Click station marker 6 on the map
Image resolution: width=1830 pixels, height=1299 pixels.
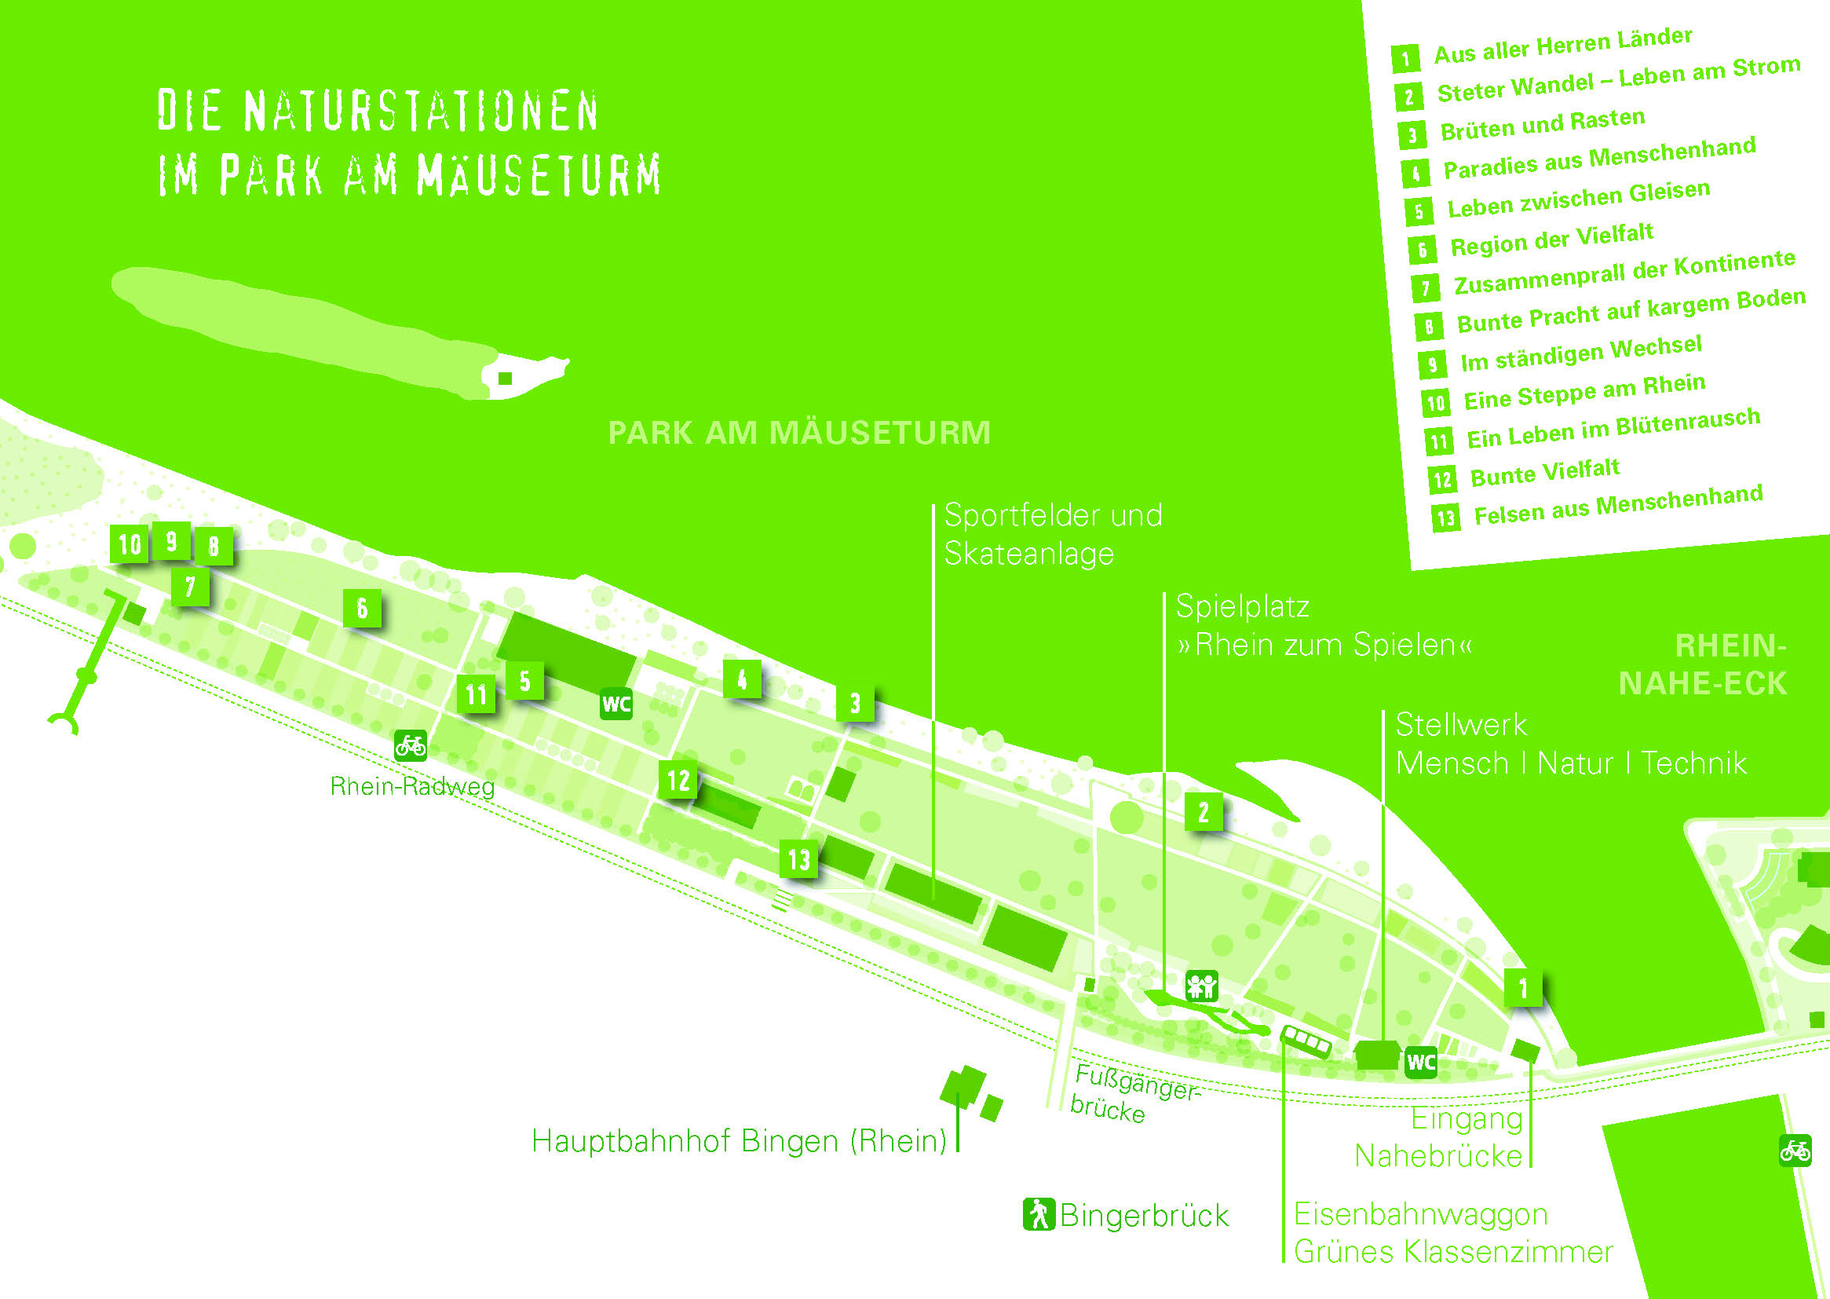pyautogui.click(x=361, y=608)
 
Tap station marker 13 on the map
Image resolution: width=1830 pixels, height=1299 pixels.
pyautogui.click(x=798, y=859)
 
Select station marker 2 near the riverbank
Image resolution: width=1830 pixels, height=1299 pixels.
pyautogui.click(x=1204, y=812)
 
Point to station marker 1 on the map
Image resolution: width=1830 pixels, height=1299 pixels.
pyautogui.click(x=1522, y=988)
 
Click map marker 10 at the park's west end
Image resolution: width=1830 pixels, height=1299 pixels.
pyautogui.click(x=130, y=545)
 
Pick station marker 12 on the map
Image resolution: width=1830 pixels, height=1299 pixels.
pyautogui.click(x=678, y=780)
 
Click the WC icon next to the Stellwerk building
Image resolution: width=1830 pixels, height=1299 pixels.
pyautogui.click(x=1421, y=1063)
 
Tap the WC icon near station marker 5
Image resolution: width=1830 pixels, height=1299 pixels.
pyautogui.click(x=616, y=704)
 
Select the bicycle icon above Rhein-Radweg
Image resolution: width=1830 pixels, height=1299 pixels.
pyautogui.click(x=410, y=745)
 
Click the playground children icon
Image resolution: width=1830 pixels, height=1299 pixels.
pyautogui.click(x=1201, y=986)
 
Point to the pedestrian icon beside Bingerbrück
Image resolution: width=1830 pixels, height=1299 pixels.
pyautogui.click(x=1039, y=1214)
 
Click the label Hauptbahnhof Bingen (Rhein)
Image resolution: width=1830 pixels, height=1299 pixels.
pyautogui.click(x=740, y=1141)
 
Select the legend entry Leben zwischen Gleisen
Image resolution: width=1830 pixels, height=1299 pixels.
pyautogui.click(x=1579, y=200)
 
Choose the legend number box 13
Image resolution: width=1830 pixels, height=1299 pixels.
pyautogui.click(x=1445, y=518)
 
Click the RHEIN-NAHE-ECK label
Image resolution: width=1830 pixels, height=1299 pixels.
pyautogui.click(x=1703, y=664)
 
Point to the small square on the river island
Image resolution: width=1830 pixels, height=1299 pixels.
pyautogui.click(x=506, y=379)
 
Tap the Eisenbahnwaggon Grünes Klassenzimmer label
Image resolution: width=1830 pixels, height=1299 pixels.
pyautogui.click(x=1453, y=1232)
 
